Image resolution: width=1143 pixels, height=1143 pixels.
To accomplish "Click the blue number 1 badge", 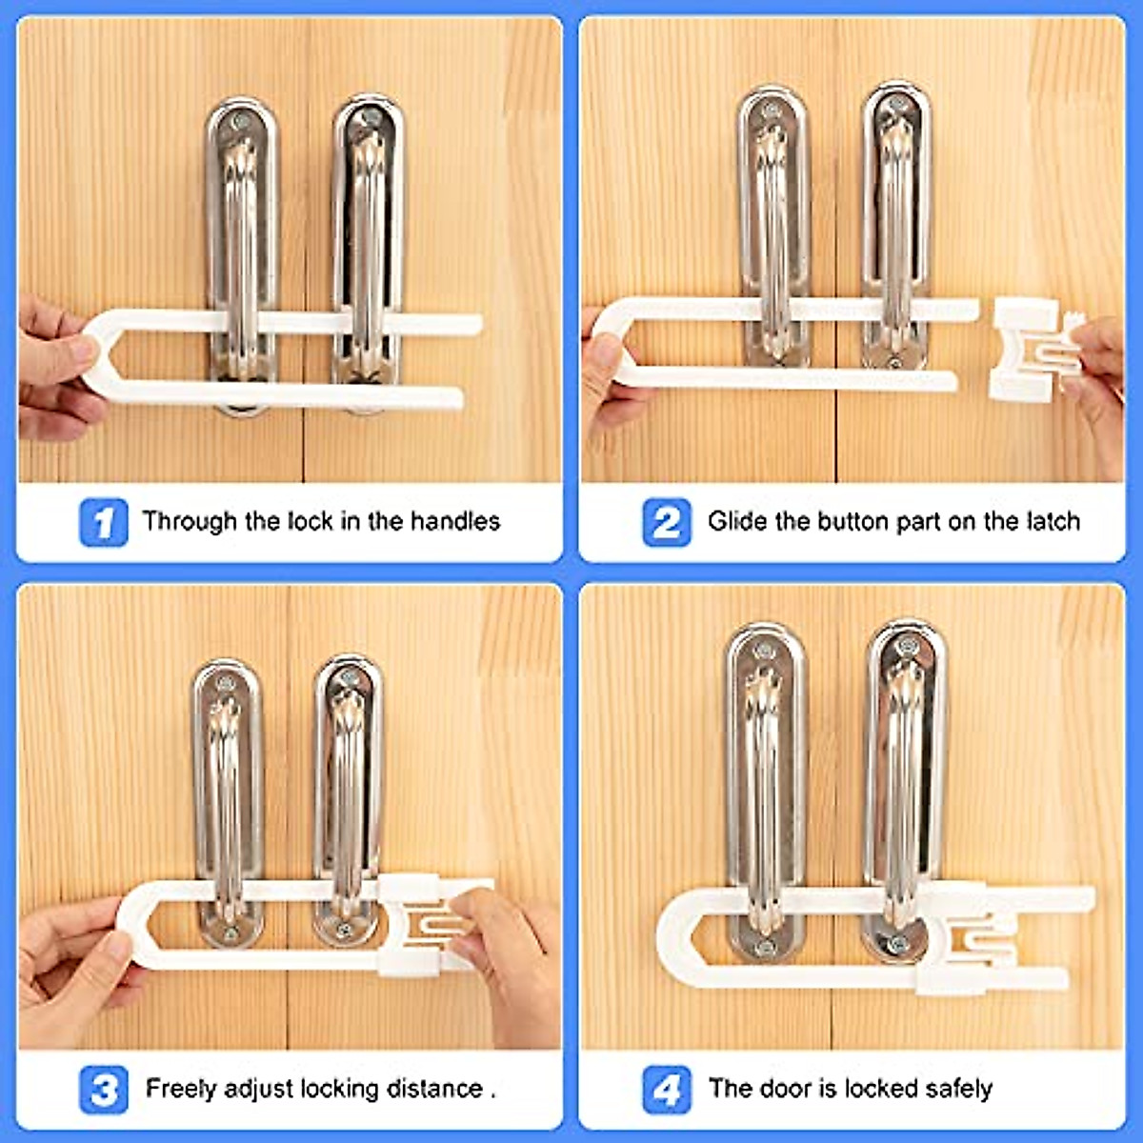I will [x=103, y=522].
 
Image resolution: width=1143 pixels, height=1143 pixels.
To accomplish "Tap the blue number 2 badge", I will [x=666, y=522].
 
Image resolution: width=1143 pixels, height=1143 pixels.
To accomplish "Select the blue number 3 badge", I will [x=103, y=1089].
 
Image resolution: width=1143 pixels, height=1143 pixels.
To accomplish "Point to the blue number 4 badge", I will [x=666, y=1089].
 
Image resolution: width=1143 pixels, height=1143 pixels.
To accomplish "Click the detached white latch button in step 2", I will [x=1027, y=349].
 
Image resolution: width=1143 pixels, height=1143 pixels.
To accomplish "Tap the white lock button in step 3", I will [x=411, y=924].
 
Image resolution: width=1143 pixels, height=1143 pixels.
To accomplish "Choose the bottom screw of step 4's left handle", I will [x=764, y=948].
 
